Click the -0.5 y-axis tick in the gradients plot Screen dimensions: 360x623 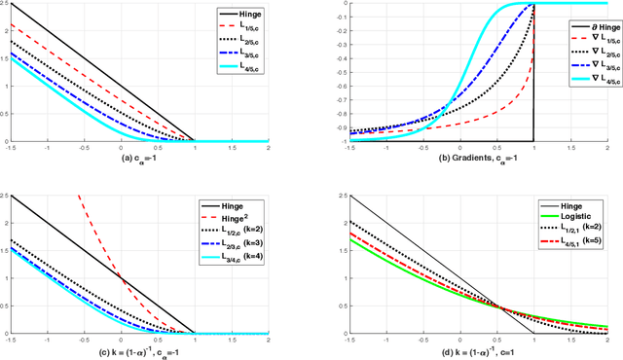(x=336, y=71)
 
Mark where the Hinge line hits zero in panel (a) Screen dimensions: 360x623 (x=195, y=141)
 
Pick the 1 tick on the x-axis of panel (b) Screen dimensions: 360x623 (x=534, y=149)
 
